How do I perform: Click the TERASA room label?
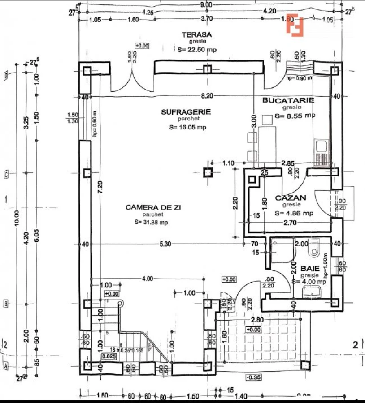pyautogui.click(x=196, y=34)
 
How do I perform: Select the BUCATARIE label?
pyautogui.click(x=288, y=100)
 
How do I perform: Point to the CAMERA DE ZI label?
pyautogui.click(x=150, y=207)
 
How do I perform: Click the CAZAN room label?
pyautogui.click(x=291, y=197)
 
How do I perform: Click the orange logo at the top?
pyautogui.click(x=296, y=26)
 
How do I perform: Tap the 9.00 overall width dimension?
pyautogui.click(x=206, y=4)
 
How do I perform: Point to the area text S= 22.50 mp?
pyautogui.click(x=196, y=50)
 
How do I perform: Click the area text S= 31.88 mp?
pyautogui.click(x=151, y=222)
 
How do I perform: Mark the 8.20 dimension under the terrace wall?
pyautogui.click(x=206, y=96)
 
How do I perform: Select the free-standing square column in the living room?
pyautogui.click(x=207, y=172)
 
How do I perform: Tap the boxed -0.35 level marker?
pyautogui.click(x=254, y=377)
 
